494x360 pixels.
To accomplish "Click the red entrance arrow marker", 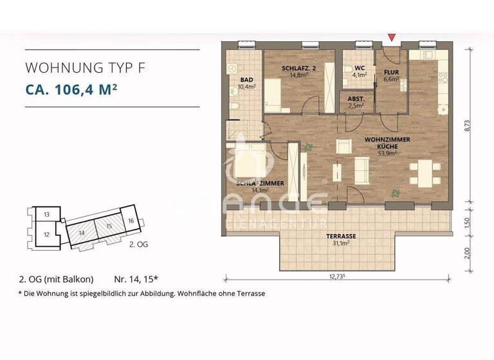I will (x=392, y=40).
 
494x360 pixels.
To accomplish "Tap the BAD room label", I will (x=246, y=80).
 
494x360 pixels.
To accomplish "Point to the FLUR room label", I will (x=392, y=73).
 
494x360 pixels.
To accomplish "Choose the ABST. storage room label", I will (x=356, y=98).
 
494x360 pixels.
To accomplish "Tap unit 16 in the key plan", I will (x=131, y=221).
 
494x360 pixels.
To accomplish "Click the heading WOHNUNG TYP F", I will (x=81, y=67).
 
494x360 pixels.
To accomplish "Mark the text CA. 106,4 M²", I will (x=71, y=89).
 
